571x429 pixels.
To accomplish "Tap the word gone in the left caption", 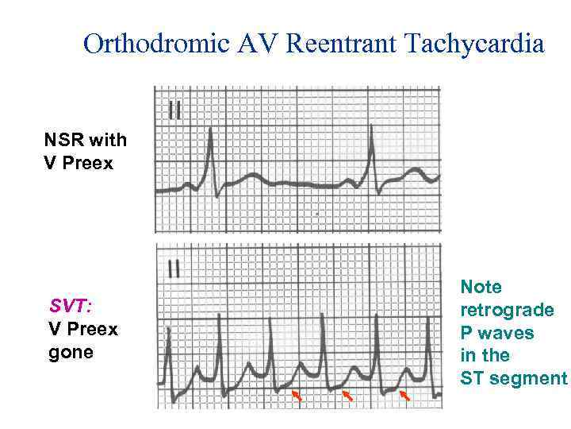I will click(x=71, y=352).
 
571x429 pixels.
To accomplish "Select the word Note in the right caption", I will click(x=481, y=287).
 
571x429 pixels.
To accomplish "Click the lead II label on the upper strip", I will click(x=174, y=110).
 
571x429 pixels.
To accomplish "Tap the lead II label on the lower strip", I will click(x=174, y=269).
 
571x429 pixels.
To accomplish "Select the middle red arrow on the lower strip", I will click(x=347, y=395).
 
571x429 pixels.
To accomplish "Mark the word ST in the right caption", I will click(x=473, y=378).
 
